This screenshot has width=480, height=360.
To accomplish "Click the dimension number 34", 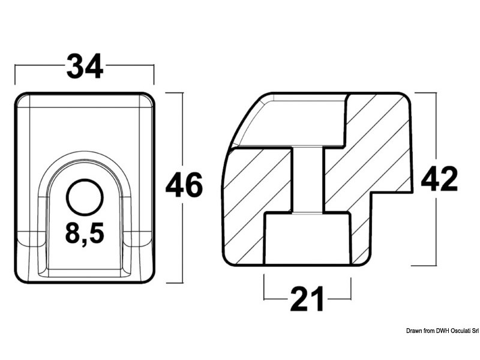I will click(x=85, y=66).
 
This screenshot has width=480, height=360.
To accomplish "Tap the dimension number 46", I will click(x=184, y=185).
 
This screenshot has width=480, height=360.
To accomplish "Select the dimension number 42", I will click(x=439, y=179).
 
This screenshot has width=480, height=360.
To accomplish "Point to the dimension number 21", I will click(x=307, y=299).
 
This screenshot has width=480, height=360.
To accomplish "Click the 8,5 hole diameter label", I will click(x=85, y=233).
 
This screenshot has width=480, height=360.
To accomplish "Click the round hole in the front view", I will click(x=85, y=197).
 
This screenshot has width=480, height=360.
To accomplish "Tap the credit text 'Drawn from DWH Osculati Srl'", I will click(x=442, y=331).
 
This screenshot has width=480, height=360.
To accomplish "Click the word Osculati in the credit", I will click(x=456, y=331).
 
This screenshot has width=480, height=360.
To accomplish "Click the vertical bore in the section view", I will click(x=308, y=180).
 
